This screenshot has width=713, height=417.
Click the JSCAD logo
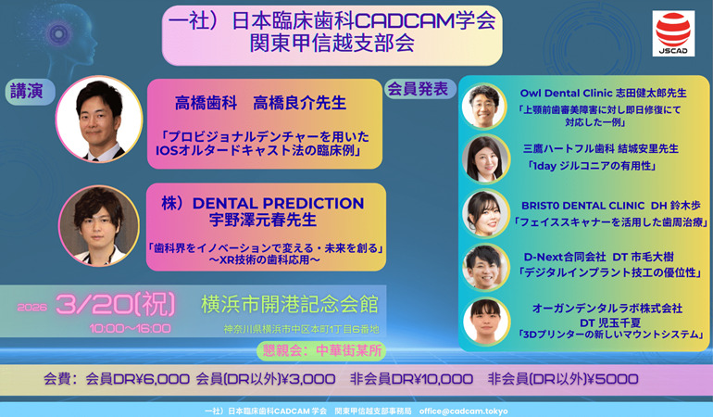tap(673, 34)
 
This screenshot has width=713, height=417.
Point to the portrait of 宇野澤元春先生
tap(98, 226)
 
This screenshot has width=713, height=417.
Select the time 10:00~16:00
tap(130, 328)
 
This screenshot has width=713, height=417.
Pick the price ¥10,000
tap(435, 378)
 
